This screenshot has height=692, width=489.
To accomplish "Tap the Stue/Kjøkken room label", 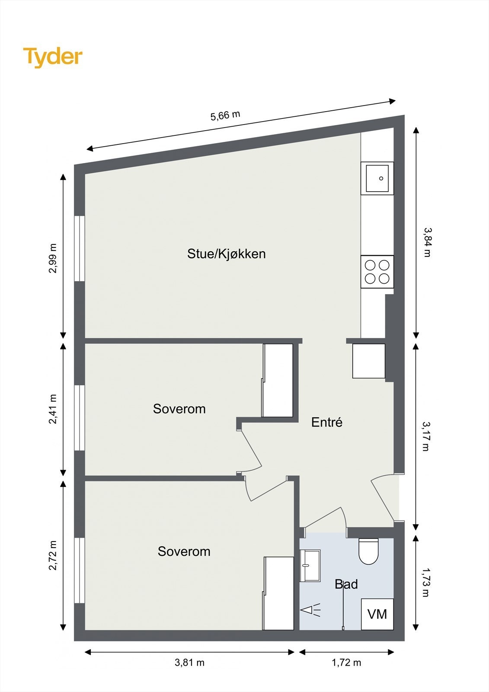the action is pyautogui.click(x=227, y=254).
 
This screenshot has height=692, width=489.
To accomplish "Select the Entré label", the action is pyautogui.click(x=327, y=422).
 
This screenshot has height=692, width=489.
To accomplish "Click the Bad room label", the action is pyautogui.click(x=346, y=584).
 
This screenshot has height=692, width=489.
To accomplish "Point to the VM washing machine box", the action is pyautogui.click(x=377, y=614).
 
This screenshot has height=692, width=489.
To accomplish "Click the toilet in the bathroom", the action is pyautogui.click(x=368, y=551).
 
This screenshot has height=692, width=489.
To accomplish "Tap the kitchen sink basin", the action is pyautogui.click(x=377, y=178).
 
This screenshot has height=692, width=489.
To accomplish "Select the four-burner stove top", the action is pyautogui.click(x=377, y=272).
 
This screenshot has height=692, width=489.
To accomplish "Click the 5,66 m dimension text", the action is pyautogui.click(x=225, y=115).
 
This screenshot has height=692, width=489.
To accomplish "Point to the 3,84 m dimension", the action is pyautogui.click(x=427, y=242).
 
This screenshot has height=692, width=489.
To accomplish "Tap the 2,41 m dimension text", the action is pyautogui.click(x=53, y=409).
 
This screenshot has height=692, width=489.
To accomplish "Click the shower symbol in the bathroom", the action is pyautogui.click(x=310, y=610).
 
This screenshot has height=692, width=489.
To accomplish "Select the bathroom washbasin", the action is pyautogui.click(x=310, y=566).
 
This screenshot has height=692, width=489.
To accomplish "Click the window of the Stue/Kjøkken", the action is pyautogui.click(x=80, y=248).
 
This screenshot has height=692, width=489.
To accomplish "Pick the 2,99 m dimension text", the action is pyautogui.click(x=53, y=259).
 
